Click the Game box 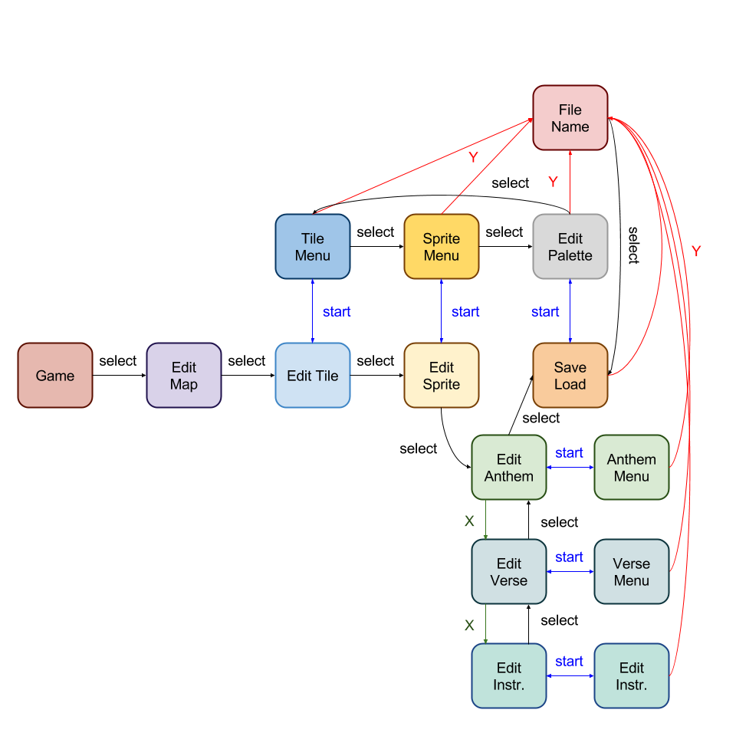[55, 376]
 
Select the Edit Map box [184, 376]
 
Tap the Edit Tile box [313, 376]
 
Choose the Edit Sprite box [442, 376]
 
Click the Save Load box [570, 376]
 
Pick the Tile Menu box [313, 247]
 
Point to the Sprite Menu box [442, 247]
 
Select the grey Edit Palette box [570, 247]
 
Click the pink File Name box [570, 118]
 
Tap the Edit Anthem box [509, 468]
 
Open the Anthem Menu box [632, 468]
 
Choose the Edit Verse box [509, 572]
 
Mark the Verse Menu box [632, 572]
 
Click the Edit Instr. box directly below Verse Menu [632, 676]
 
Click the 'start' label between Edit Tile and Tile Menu [337, 312]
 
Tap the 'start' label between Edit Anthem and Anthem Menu [570, 453]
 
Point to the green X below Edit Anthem [469, 521]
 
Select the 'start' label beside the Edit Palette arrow [545, 312]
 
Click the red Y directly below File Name [553, 182]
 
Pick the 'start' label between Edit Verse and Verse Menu [570, 557]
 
